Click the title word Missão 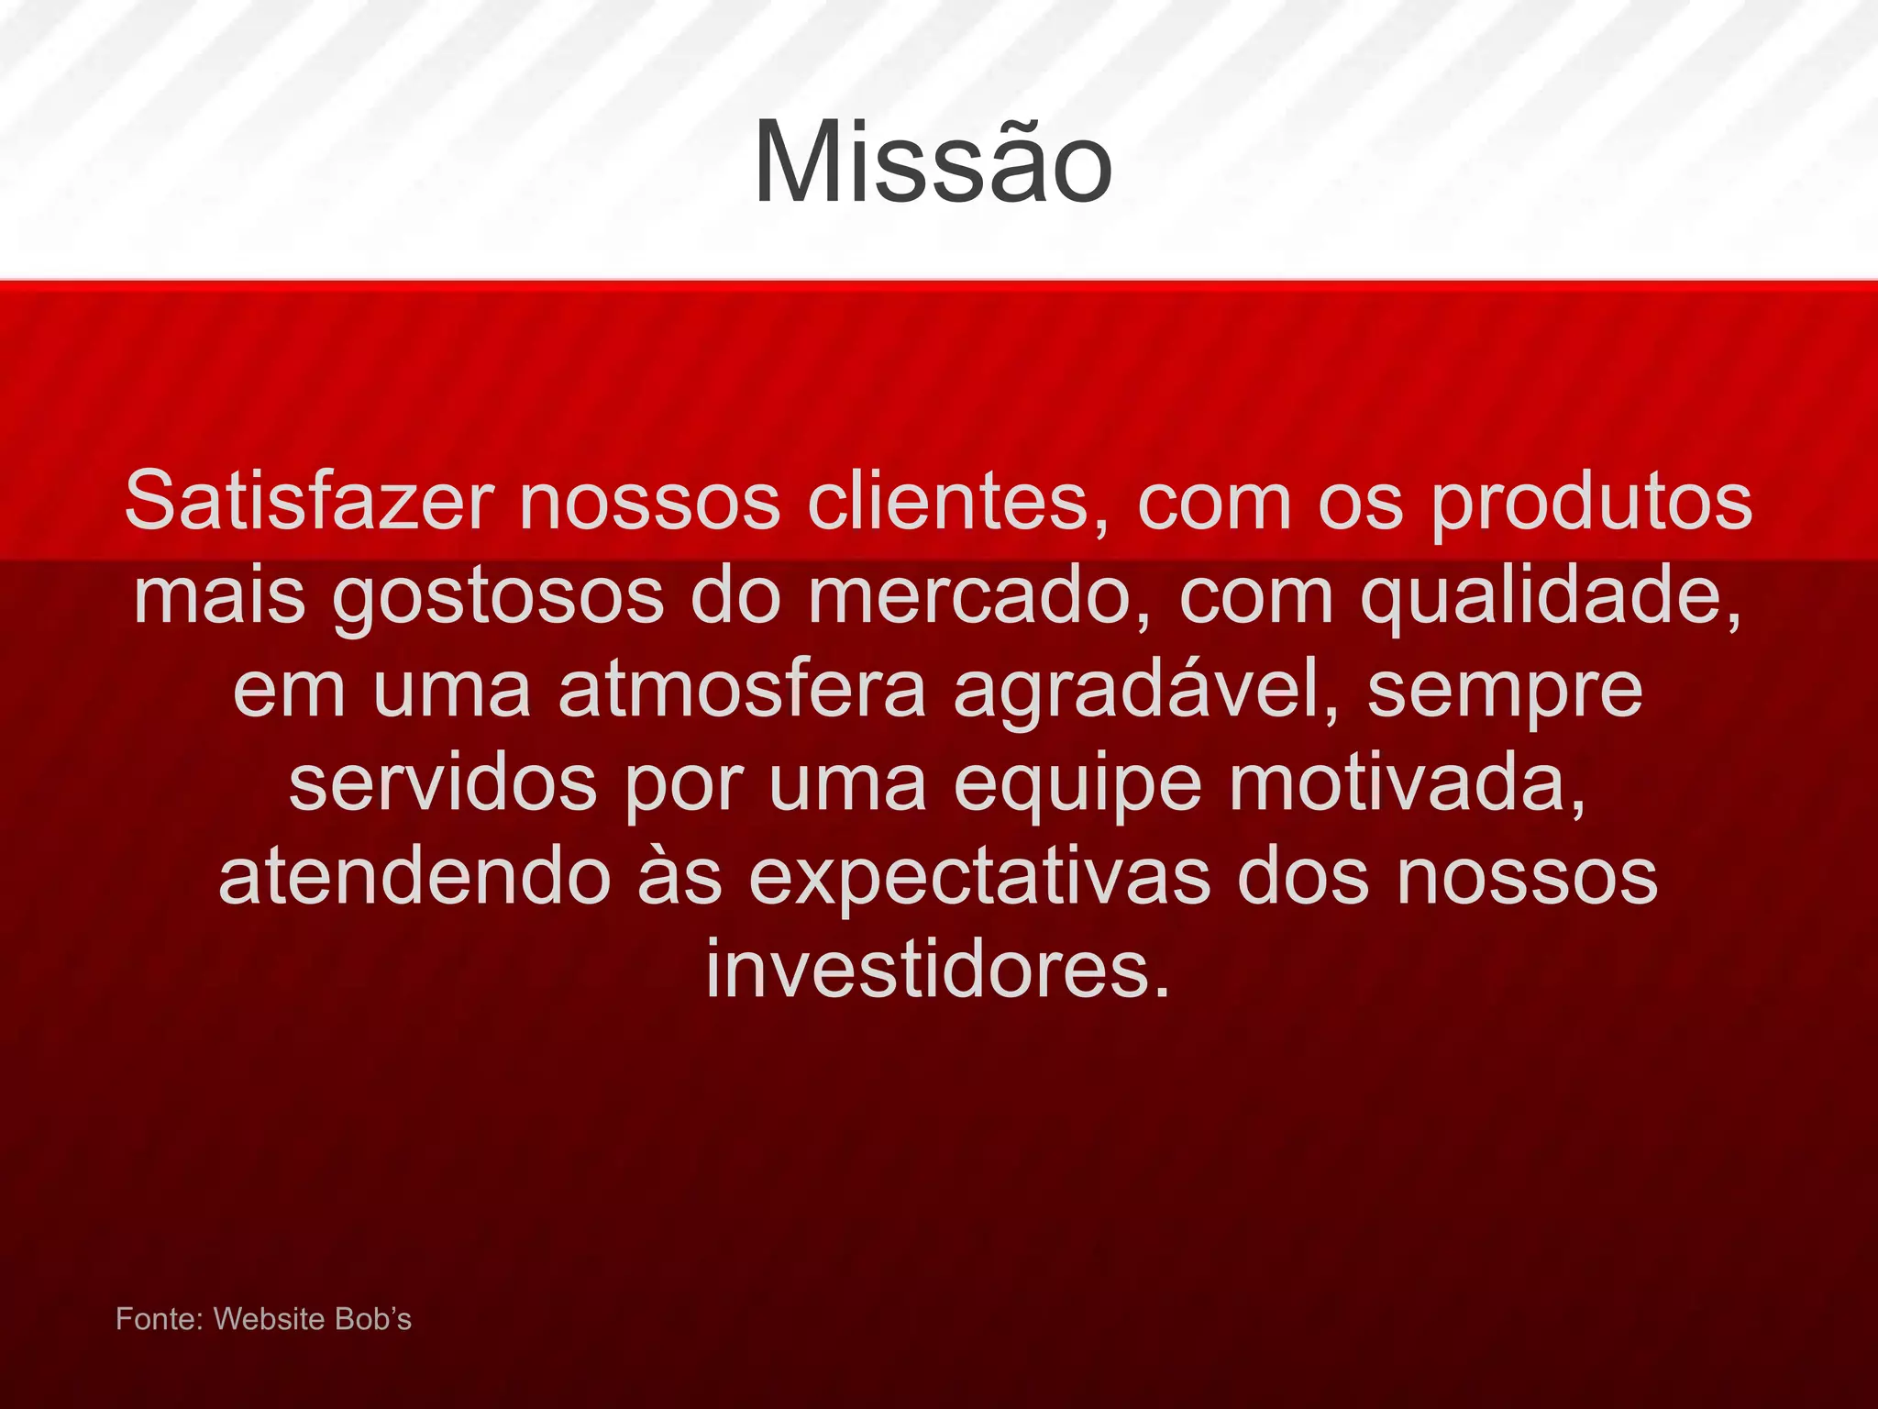[x=933, y=163]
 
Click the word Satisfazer [x=309, y=502]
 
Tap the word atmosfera [x=743, y=690]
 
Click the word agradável [x=1146, y=690]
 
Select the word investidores [x=938, y=971]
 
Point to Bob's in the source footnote [x=373, y=1319]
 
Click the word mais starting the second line [x=219, y=596]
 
